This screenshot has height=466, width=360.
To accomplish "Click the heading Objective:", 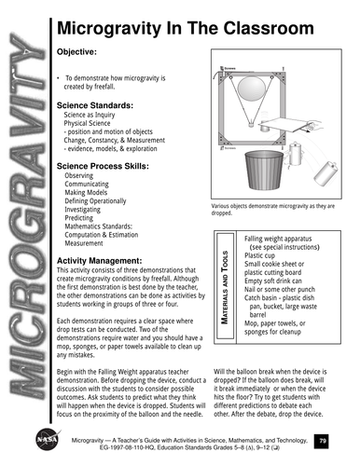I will (x=77, y=52).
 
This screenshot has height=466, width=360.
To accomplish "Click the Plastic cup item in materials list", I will (x=266, y=254).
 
